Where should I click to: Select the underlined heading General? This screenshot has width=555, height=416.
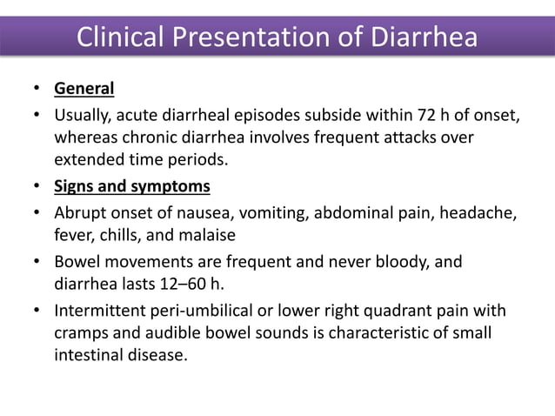click(x=84, y=89)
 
